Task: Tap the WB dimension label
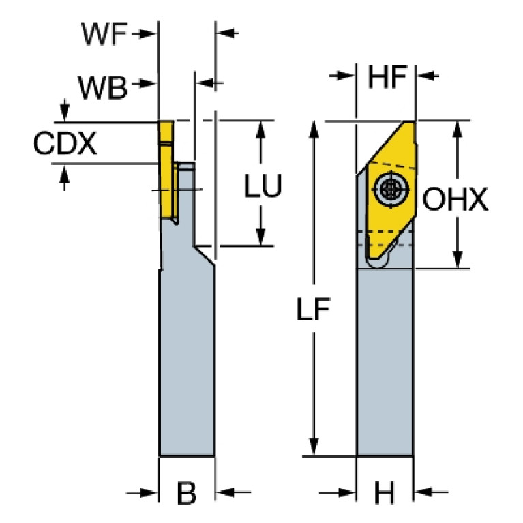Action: click(102, 85)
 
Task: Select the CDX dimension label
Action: click(65, 143)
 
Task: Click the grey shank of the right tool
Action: click(385, 361)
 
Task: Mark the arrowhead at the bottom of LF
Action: click(314, 447)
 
